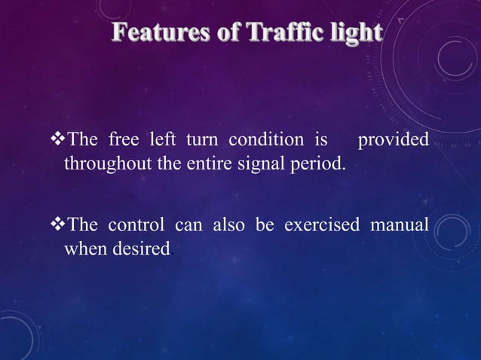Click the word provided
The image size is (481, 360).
click(x=393, y=141)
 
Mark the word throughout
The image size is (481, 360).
click(x=104, y=163)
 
